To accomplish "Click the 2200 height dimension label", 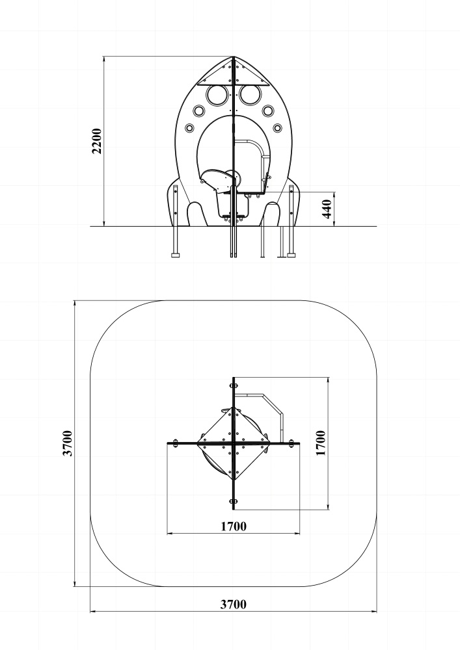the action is (x=97, y=141).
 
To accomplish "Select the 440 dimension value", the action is (x=327, y=209).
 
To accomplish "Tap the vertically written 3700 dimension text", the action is (x=68, y=443).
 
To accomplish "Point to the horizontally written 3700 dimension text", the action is (x=233, y=604).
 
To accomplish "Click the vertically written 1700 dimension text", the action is (x=321, y=443).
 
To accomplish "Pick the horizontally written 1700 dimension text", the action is (x=233, y=526).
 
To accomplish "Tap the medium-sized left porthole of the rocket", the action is (x=198, y=110).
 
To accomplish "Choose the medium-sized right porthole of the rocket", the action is (x=268, y=110).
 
